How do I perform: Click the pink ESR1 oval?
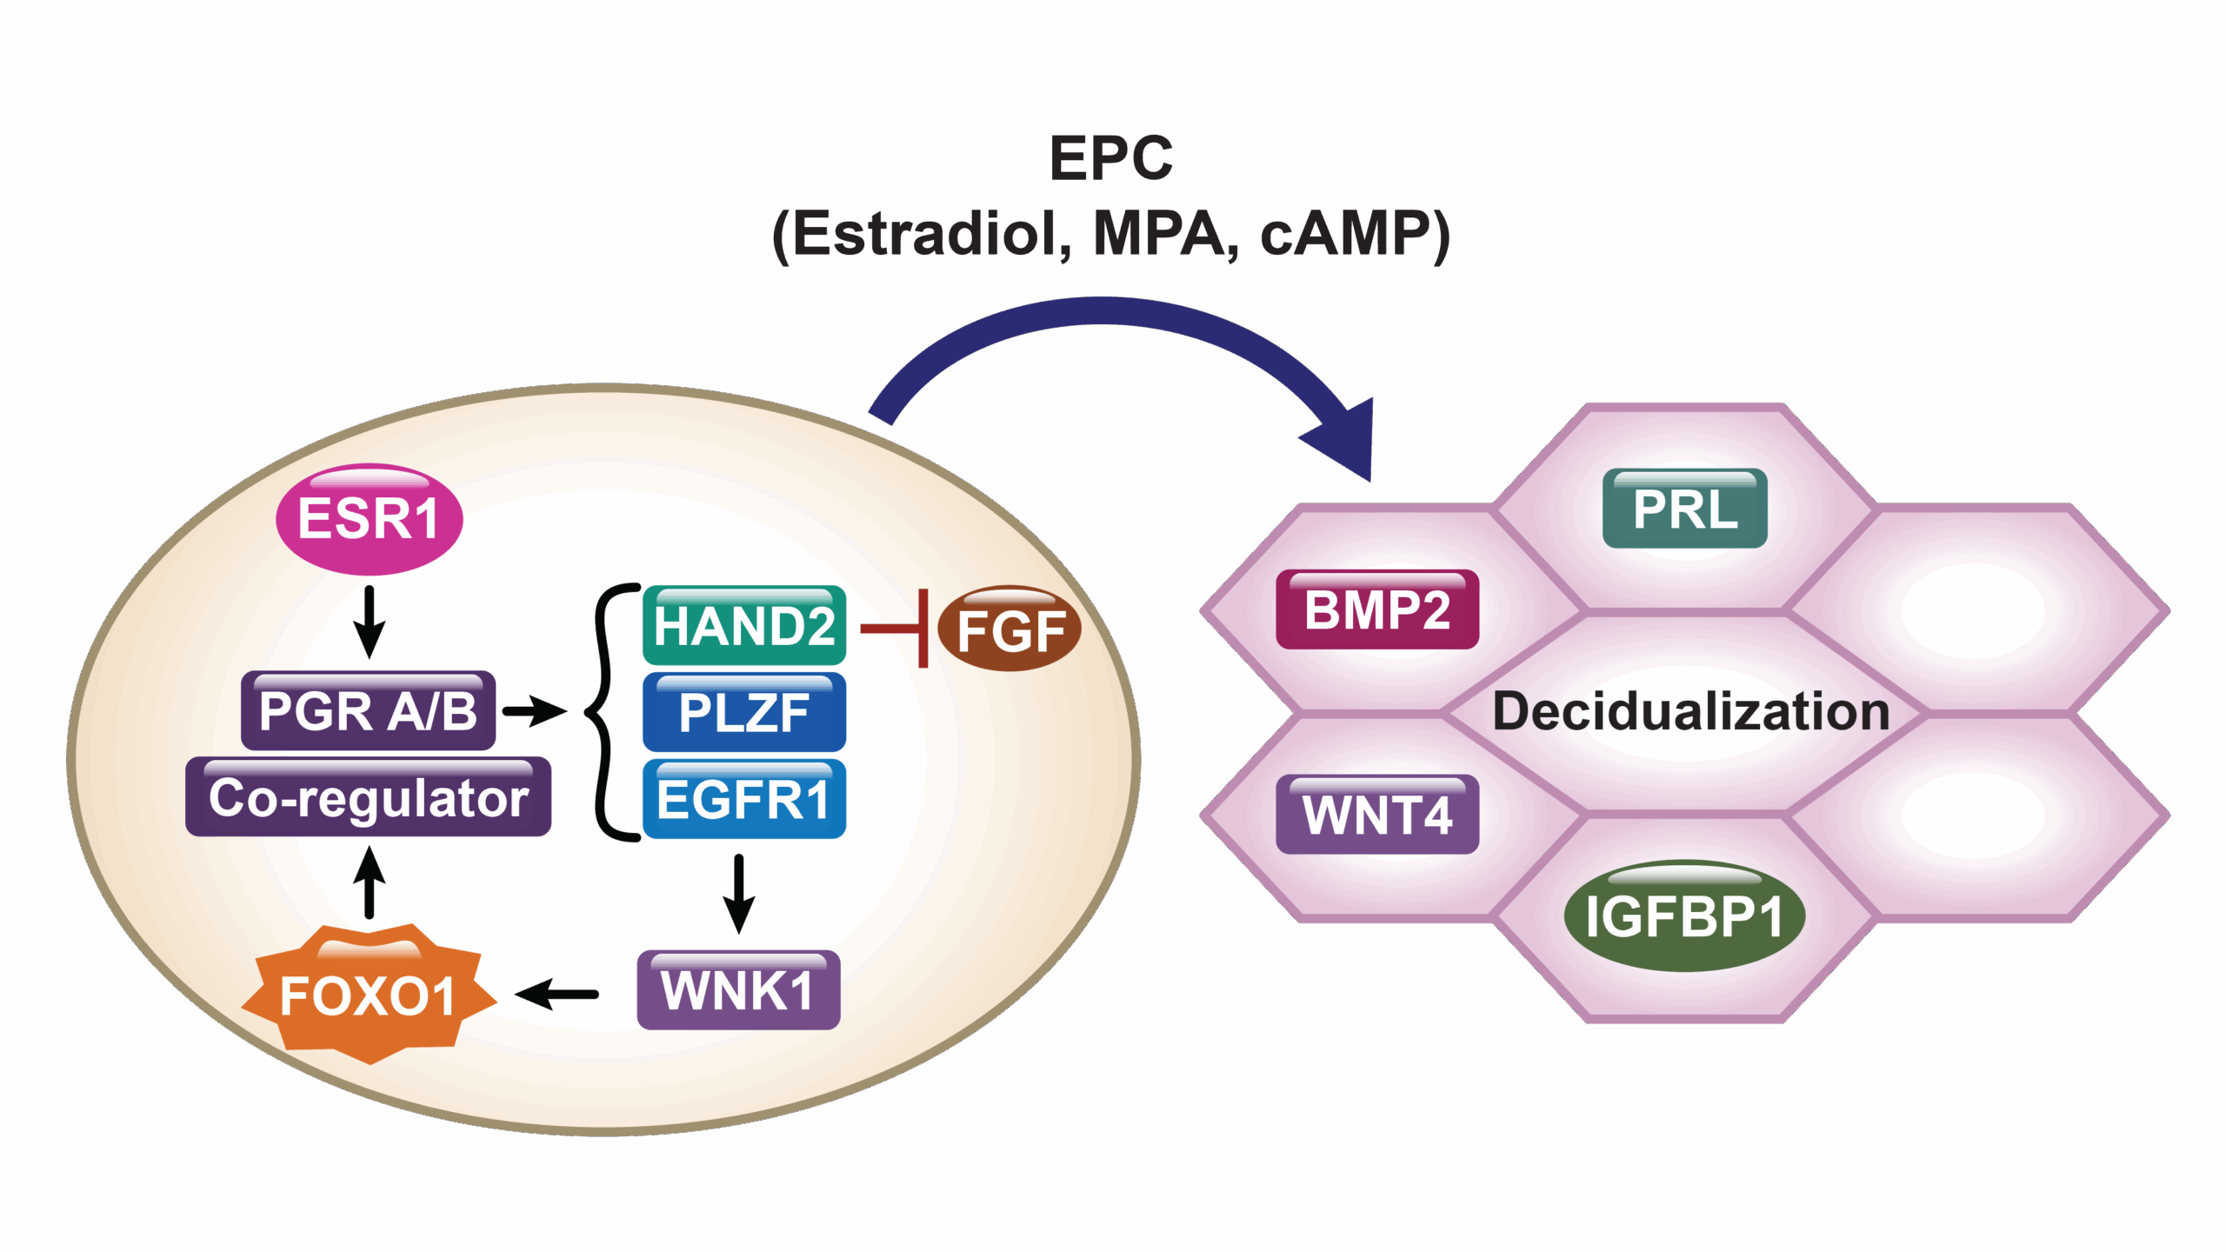369,519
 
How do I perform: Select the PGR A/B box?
368,710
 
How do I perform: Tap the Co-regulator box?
368,797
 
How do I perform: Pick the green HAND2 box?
744,625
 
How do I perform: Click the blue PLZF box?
744,712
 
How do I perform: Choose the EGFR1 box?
744,799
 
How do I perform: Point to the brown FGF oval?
1010,629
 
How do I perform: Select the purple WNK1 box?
738,990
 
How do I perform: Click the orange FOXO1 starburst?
368,995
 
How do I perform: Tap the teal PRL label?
1684,509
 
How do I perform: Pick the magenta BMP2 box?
1377,609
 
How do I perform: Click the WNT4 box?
1377,815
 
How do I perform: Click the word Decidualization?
1691,711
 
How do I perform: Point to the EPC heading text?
1111,158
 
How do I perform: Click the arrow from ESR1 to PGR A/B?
369,621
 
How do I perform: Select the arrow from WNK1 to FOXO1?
556,994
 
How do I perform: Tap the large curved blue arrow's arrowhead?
1343,439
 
